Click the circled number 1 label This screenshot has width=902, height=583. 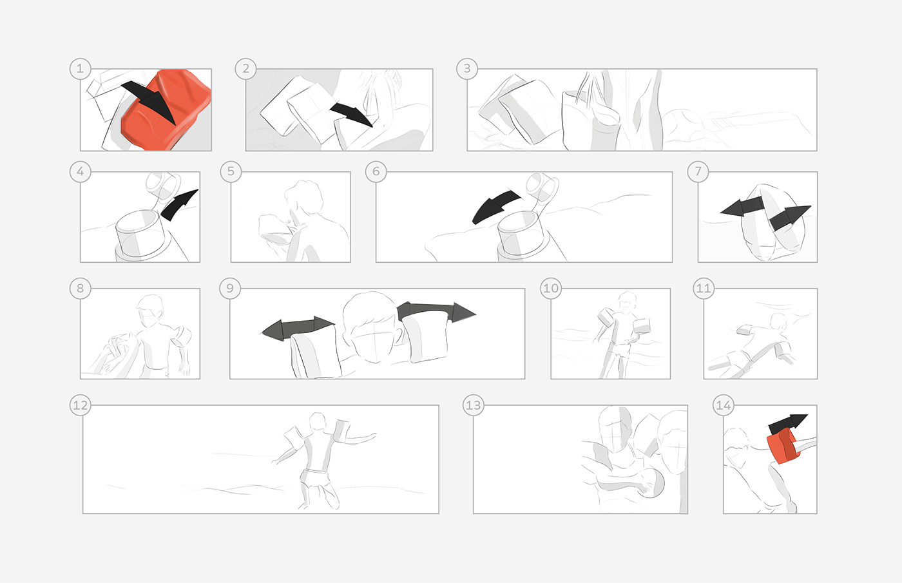click(80, 69)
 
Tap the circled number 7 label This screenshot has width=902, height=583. click(698, 171)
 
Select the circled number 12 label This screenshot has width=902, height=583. click(80, 405)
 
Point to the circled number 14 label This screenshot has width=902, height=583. click(723, 405)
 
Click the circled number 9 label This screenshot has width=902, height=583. click(230, 289)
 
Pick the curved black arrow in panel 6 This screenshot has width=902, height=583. click(495, 205)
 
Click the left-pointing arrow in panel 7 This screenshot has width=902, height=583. click(742, 207)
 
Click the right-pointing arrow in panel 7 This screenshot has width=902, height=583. click(789, 218)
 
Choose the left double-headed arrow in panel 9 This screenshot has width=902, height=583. click(298, 328)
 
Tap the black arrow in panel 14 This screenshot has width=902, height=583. click(787, 425)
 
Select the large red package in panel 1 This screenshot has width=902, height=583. click(166, 110)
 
